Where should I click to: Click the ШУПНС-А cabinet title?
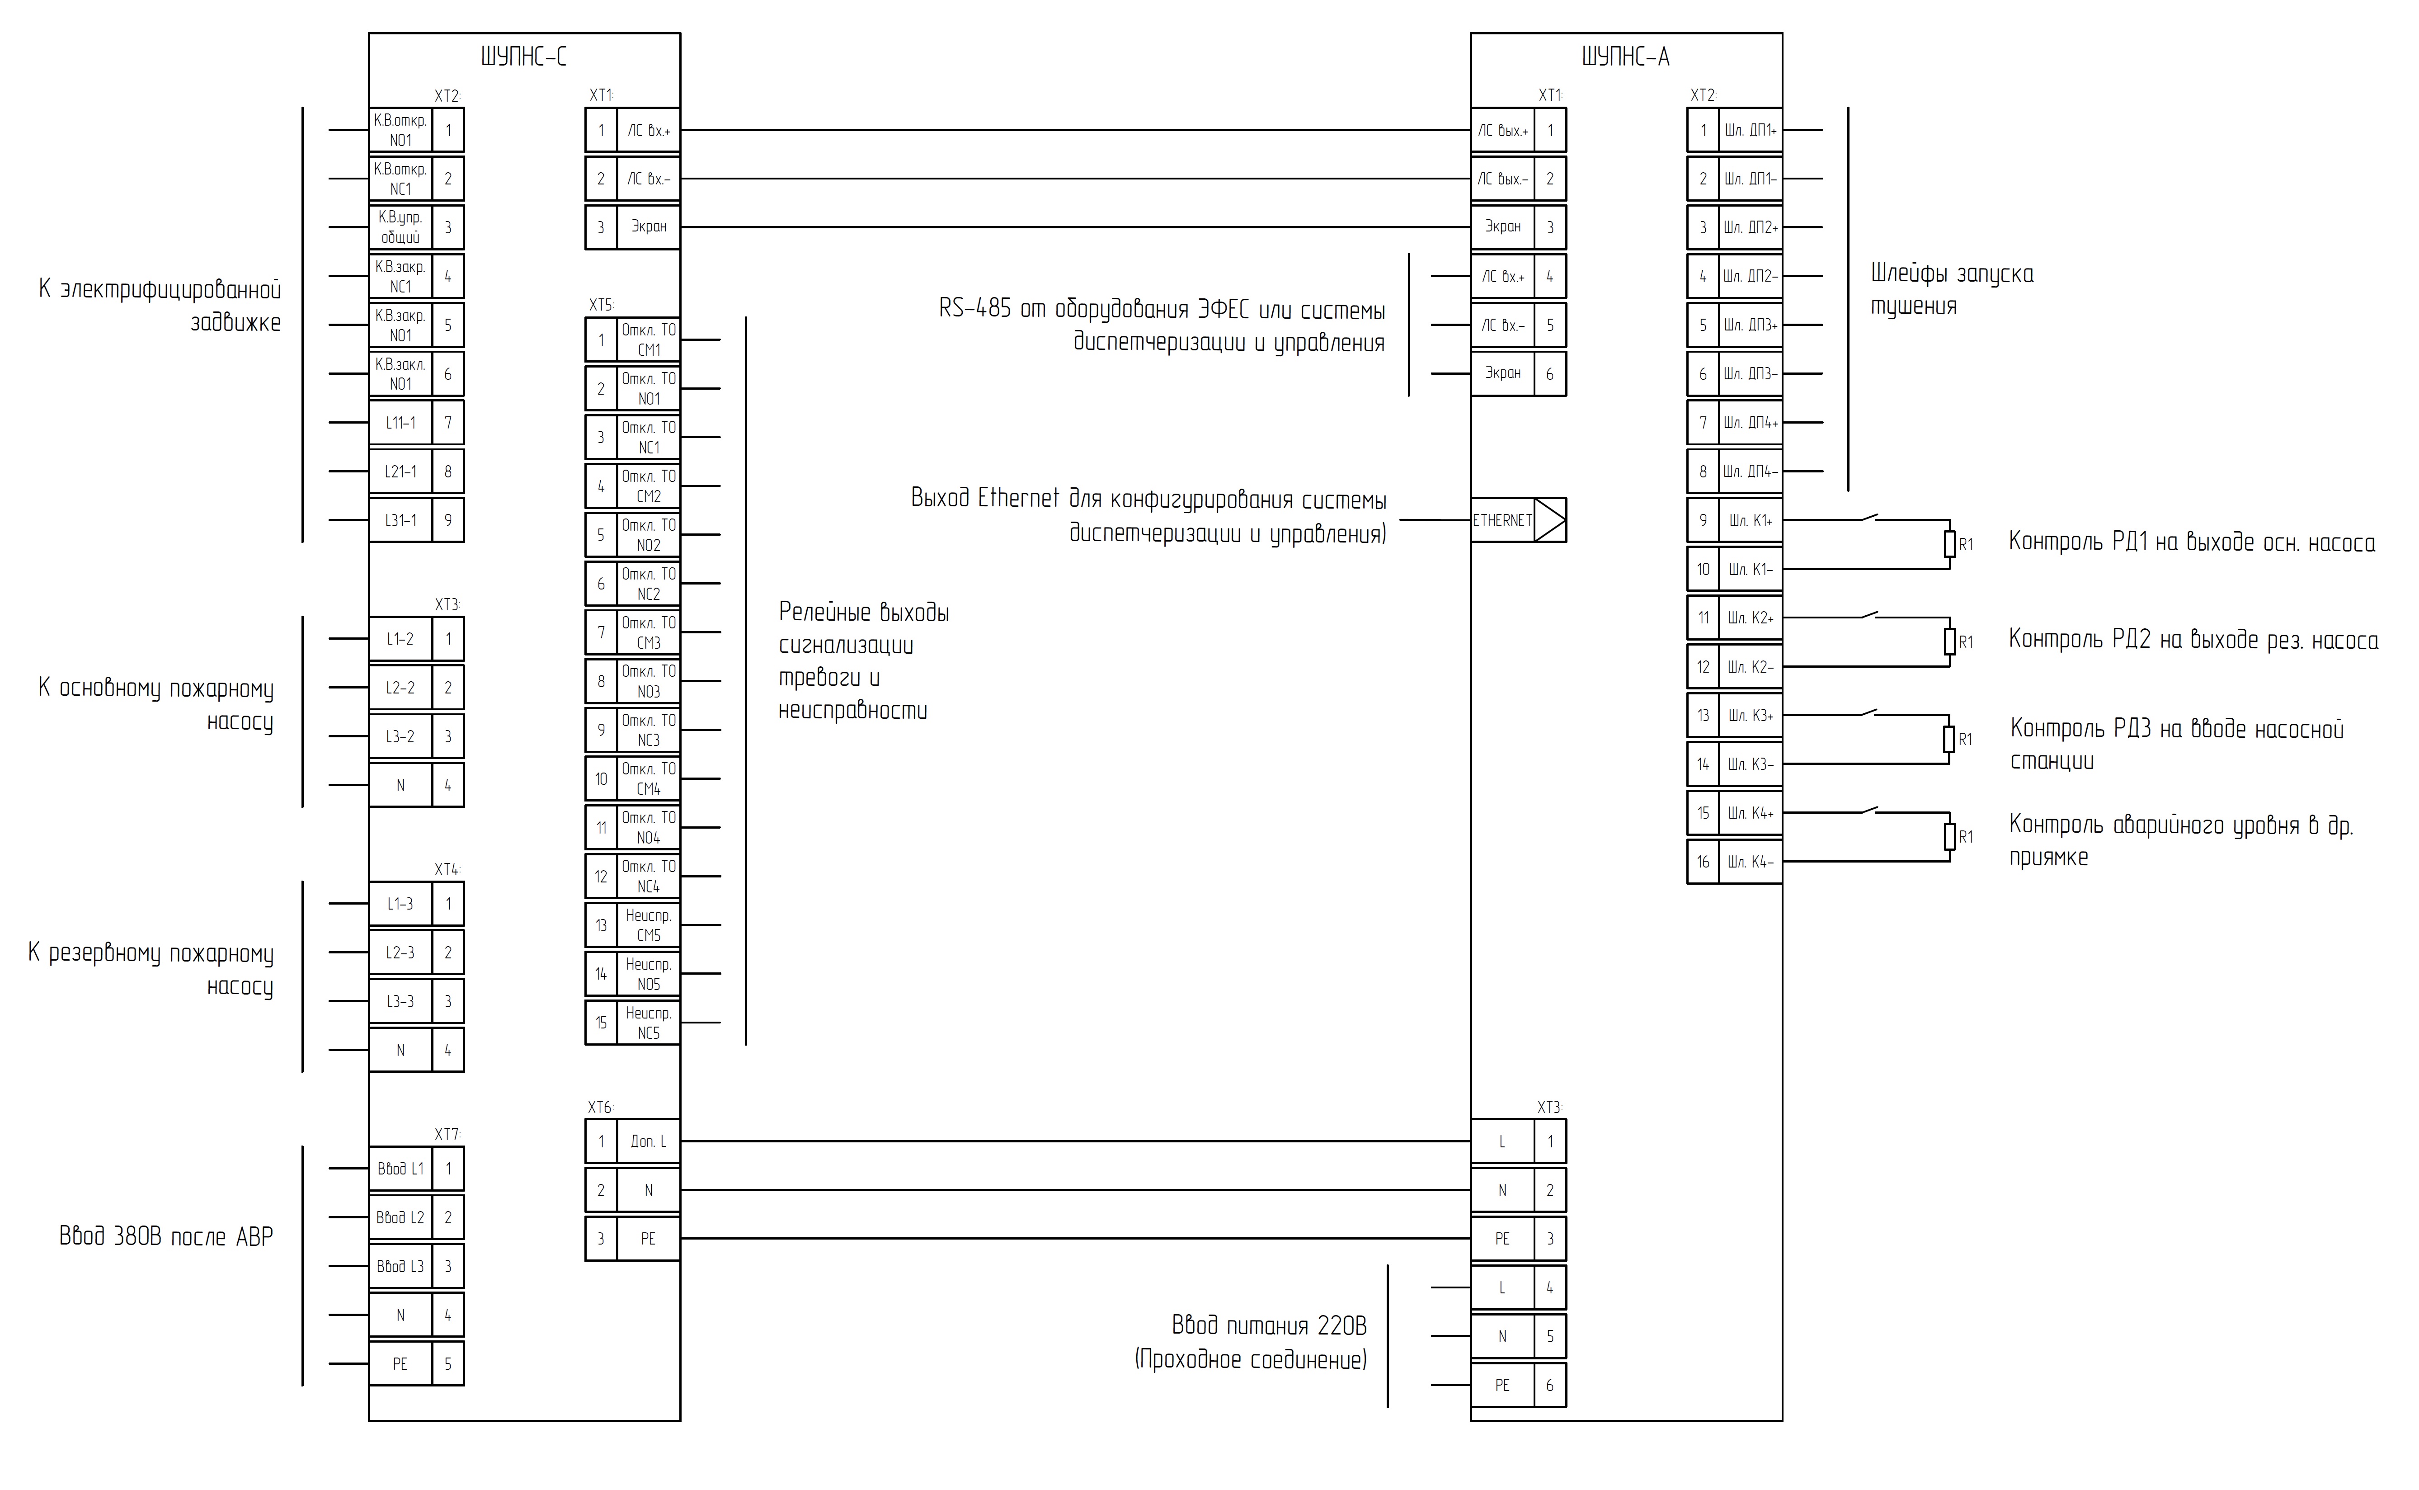point(1626,57)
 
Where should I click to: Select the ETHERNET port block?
point(1518,520)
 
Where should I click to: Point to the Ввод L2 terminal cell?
point(400,1218)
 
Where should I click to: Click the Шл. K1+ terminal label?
point(1750,520)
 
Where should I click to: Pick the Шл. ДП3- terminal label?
point(1750,374)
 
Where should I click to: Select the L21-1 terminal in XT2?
point(400,472)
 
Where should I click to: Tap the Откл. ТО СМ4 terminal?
point(648,778)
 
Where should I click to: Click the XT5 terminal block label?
point(601,306)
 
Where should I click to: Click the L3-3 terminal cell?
point(400,1002)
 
